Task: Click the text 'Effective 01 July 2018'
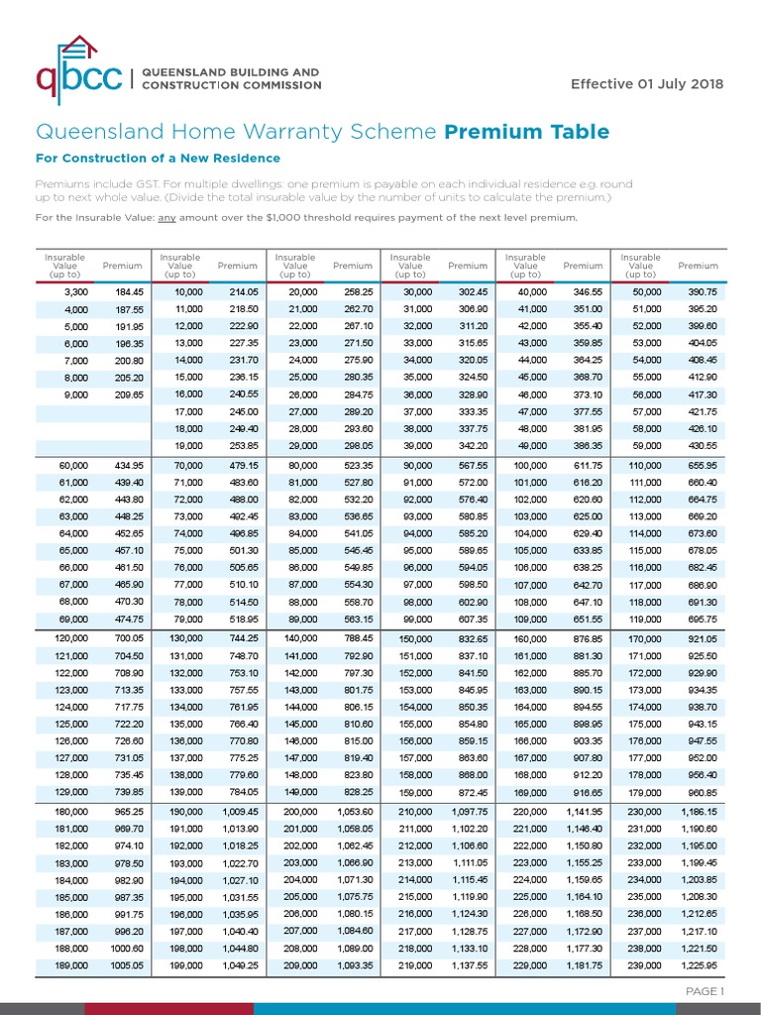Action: [x=647, y=82]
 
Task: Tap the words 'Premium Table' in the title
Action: [x=527, y=132]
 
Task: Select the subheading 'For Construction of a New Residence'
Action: [x=158, y=159]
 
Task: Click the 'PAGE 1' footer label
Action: [x=706, y=991]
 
